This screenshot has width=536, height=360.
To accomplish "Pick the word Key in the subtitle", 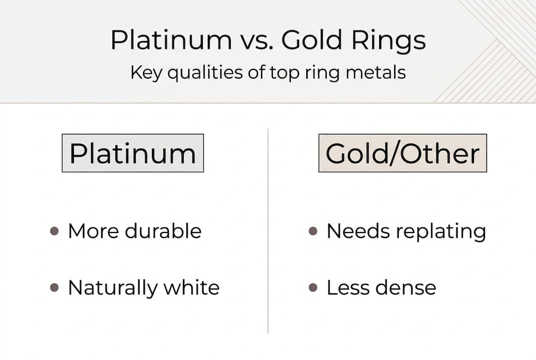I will coord(147,73).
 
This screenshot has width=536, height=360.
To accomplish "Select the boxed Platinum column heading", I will coord(133,153).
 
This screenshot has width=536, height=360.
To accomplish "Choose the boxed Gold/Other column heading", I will coord(403,153).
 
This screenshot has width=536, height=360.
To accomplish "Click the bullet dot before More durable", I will coord(54,231).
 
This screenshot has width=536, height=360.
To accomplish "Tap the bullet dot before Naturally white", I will coord(54,288).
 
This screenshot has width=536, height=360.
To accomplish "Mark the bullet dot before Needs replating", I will coord(313,231).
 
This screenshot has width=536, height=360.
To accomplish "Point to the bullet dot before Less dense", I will coord(313,288).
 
